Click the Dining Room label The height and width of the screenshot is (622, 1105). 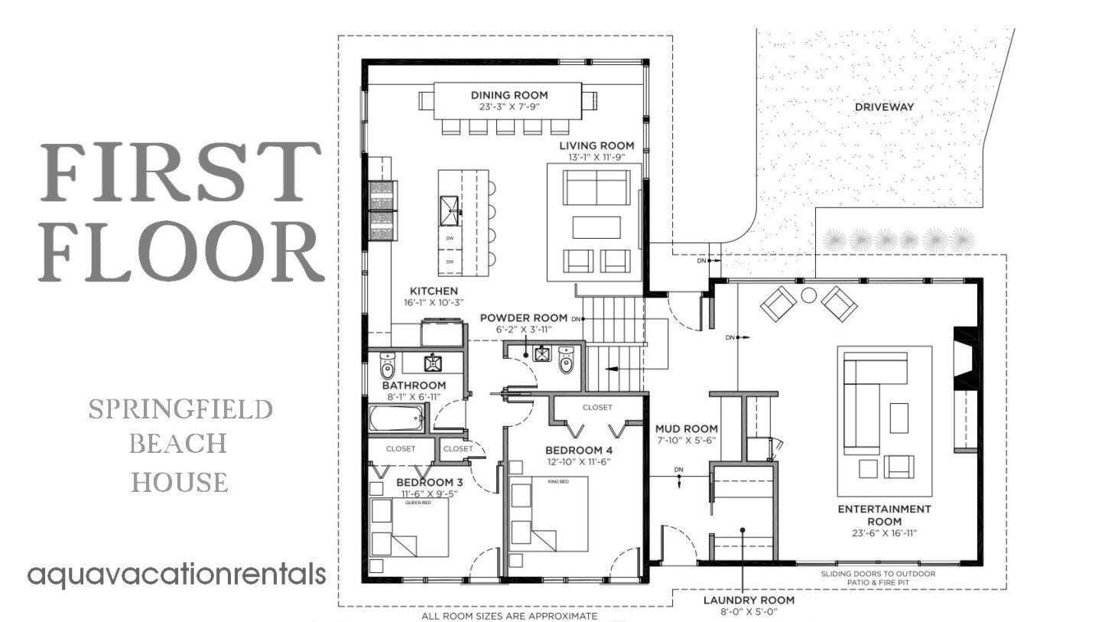pyautogui.click(x=509, y=95)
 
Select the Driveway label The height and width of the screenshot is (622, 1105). pyautogui.click(x=884, y=107)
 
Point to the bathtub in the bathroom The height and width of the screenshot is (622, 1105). pyautogui.click(x=396, y=419)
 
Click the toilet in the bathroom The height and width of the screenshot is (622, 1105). pyautogui.click(x=387, y=366)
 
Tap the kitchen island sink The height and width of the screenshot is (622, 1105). pyautogui.click(x=449, y=208)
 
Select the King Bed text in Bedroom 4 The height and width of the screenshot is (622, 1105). pyautogui.click(x=557, y=481)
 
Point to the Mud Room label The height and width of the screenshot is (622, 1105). pyautogui.click(x=686, y=428)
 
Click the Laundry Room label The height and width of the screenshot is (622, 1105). pyautogui.click(x=749, y=600)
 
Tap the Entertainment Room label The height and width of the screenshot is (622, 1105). pyautogui.click(x=884, y=515)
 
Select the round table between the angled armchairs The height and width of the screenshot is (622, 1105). pyautogui.click(x=809, y=295)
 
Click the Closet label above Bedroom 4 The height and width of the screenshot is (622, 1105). pyautogui.click(x=597, y=408)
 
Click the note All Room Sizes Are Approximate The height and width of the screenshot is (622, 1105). pyautogui.click(x=509, y=615)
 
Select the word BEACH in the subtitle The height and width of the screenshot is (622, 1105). pyautogui.click(x=180, y=444)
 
